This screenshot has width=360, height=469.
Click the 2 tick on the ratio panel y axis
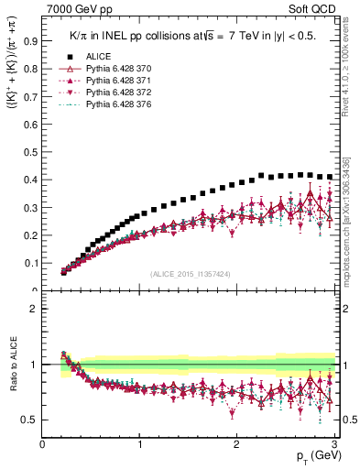(34, 309)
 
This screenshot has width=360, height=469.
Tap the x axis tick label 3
(335, 444)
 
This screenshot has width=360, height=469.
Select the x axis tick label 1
(140, 444)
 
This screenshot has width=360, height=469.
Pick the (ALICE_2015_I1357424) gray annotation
(191, 273)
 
